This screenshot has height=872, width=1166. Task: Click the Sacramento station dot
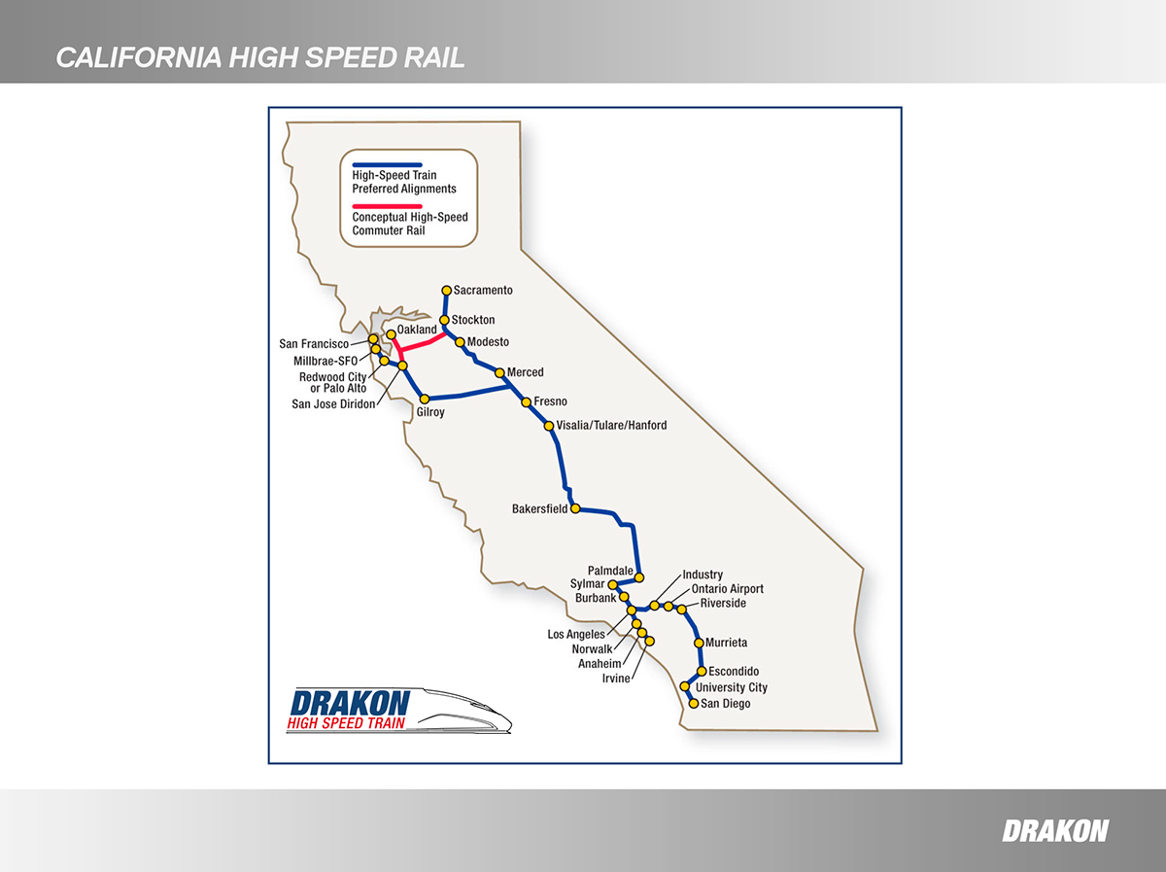pos(447,290)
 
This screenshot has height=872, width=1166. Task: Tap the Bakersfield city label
pos(539,509)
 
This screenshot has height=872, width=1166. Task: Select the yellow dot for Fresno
pos(526,402)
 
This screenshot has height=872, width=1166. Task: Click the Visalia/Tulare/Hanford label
pos(611,425)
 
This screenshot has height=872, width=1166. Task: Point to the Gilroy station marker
pos(425,399)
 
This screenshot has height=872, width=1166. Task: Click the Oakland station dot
pos(391,334)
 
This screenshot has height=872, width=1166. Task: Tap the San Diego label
pos(725,704)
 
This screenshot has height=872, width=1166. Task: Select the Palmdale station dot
pos(639,577)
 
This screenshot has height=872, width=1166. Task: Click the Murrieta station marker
pos(699,643)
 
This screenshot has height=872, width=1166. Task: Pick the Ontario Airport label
pos(727,589)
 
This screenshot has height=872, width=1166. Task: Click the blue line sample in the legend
pos(388,164)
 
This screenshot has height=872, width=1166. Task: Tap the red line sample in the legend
pos(388,206)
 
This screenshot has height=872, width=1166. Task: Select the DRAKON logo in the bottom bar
pos(1055,830)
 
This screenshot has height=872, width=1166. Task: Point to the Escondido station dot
pos(702,671)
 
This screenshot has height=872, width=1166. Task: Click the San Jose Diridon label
pos(333,404)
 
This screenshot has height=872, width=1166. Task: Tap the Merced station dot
pos(499,373)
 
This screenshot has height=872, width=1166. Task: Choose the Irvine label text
pos(616,679)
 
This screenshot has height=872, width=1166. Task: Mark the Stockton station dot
pos(444,320)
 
